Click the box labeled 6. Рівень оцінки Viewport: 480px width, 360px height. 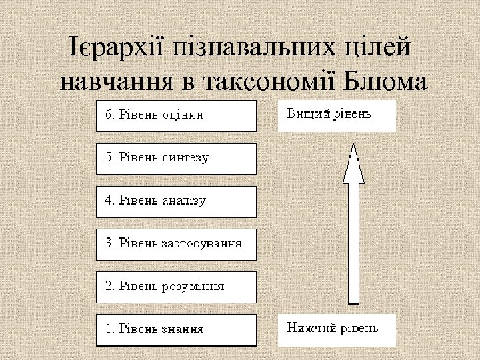(x=176, y=115)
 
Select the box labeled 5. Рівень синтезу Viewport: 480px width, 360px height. (x=176, y=159)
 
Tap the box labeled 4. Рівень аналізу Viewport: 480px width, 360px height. (x=176, y=201)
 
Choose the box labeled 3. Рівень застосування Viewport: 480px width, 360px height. (x=176, y=244)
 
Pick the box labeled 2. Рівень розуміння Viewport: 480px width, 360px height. (x=176, y=287)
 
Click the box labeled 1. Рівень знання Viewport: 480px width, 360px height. (x=176, y=330)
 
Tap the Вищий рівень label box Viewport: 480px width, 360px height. (x=337, y=115)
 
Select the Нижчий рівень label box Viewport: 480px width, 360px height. (x=337, y=330)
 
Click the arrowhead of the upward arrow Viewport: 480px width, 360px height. (x=353, y=163)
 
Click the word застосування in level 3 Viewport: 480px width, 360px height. (x=201, y=243)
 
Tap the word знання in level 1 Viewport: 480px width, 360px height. (x=182, y=329)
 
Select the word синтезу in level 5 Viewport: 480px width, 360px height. (x=185, y=158)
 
